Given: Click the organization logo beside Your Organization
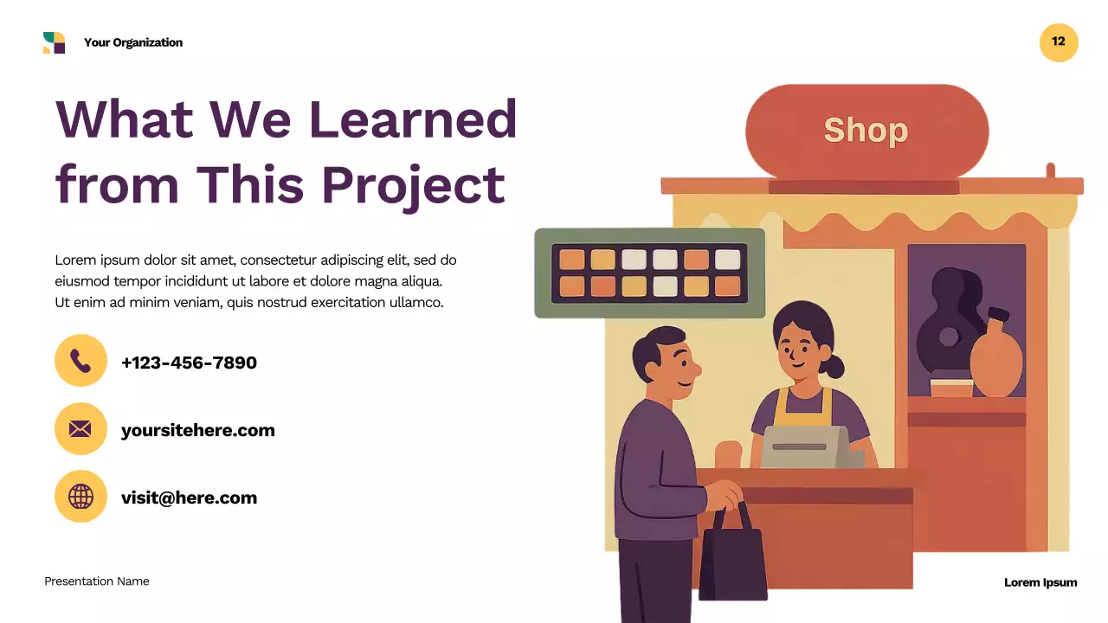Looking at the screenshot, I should (x=54, y=42).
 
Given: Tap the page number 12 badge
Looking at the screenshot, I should (x=1059, y=42).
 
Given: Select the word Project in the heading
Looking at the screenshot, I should (x=413, y=184).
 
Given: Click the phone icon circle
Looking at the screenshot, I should (x=81, y=360).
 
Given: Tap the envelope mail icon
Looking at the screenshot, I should (x=81, y=428).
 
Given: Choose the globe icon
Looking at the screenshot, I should (x=81, y=496).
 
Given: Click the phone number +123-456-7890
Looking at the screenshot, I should (x=189, y=363).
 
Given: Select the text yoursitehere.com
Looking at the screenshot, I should (x=197, y=430).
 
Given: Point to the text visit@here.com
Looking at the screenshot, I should (x=189, y=498).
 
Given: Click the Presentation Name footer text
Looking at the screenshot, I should (x=97, y=581).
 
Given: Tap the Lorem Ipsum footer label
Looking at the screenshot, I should (x=1040, y=582).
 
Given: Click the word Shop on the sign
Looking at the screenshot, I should (x=866, y=131).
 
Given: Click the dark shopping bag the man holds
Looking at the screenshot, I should (x=732, y=558).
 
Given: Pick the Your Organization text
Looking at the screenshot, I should (x=133, y=42).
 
